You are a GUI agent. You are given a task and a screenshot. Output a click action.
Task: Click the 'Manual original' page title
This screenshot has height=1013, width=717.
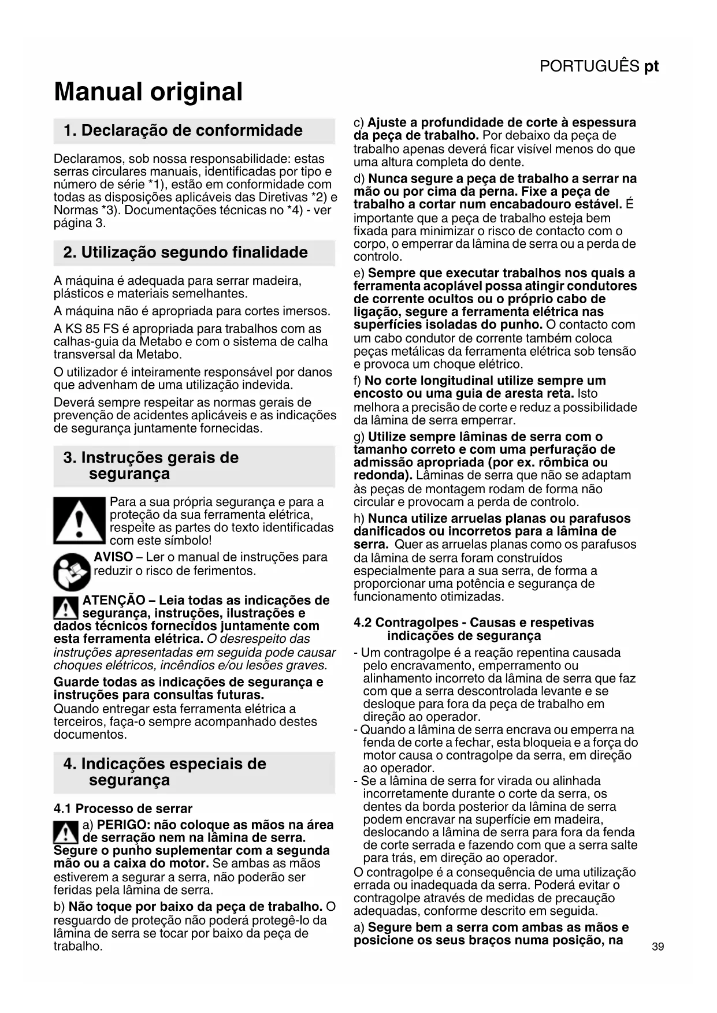[x=148, y=92]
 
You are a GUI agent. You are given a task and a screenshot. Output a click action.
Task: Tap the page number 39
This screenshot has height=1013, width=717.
[x=657, y=947]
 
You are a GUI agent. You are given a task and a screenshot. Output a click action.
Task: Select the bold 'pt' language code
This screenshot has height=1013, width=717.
[x=651, y=66]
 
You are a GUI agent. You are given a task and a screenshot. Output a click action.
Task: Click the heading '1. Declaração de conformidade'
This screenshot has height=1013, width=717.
[x=183, y=131]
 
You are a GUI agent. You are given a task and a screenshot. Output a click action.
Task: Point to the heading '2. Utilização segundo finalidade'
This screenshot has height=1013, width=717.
[x=185, y=253]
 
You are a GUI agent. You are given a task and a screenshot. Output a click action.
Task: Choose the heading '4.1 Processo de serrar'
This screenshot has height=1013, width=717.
[x=122, y=808]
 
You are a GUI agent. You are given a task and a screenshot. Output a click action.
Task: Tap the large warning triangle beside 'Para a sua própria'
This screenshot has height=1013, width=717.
[x=79, y=520]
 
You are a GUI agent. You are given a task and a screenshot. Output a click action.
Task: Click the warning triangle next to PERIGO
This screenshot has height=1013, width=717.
[x=66, y=832]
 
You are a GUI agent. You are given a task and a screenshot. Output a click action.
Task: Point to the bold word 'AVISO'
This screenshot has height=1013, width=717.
[x=113, y=557]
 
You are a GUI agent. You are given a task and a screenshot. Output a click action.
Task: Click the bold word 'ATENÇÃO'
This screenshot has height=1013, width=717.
[x=114, y=600]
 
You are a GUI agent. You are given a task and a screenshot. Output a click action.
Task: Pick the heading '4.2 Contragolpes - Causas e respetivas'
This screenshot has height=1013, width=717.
[x=473, y=623]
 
